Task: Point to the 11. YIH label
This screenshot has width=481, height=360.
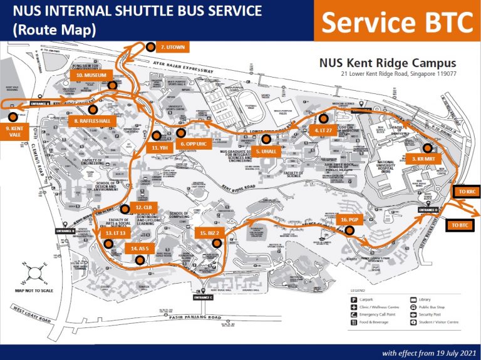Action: coord(161,147)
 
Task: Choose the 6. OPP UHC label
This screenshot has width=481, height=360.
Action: coord(193,143)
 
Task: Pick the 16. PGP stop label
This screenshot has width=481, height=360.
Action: coord(349,220)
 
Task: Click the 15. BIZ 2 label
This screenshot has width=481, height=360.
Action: coord(209,232)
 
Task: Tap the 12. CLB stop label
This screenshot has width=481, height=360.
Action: coord(143,207)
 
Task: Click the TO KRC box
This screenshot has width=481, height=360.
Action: coord(465,190)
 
